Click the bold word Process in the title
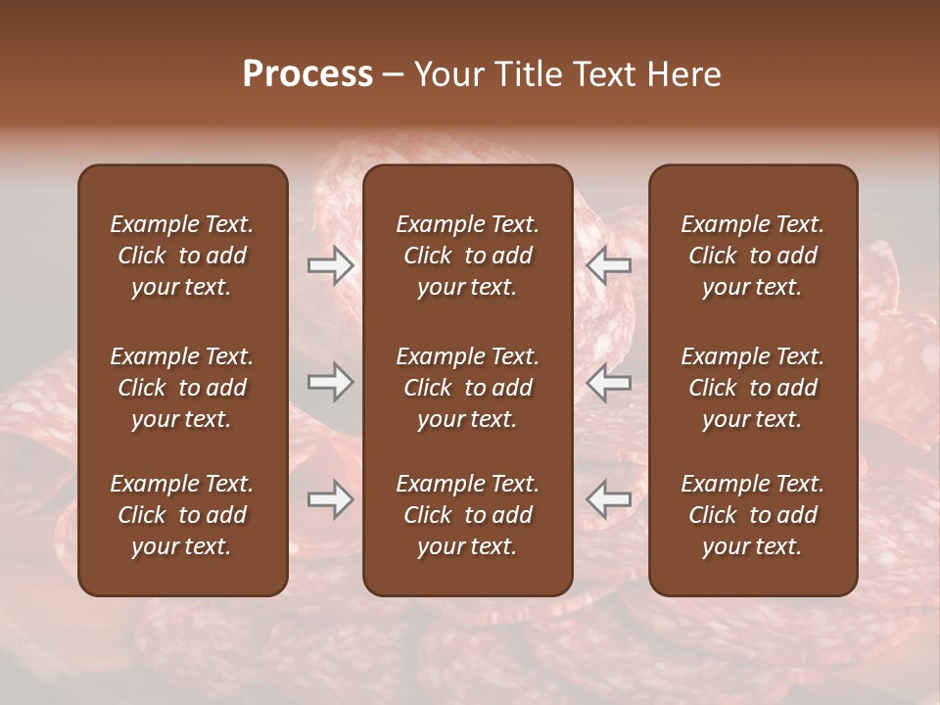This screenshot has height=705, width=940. [307, 74]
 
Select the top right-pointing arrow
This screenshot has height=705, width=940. [330, 265]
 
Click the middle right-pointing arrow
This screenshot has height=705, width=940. [330, 382]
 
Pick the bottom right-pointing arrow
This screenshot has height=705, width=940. [330, 499]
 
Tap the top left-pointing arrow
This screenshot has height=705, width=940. [608, 265]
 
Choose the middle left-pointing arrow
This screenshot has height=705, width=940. [608, 382]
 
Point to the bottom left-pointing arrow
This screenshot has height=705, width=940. [608, 499]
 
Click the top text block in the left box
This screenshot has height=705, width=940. [182, 256]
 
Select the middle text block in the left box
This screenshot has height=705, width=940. [182, 388]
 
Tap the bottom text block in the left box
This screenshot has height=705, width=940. [182, 515]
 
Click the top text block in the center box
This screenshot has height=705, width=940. [467, 256]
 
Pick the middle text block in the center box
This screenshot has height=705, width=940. [467, 388]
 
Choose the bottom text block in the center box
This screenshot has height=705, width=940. [467, 515]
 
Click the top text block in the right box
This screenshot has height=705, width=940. [752, 256]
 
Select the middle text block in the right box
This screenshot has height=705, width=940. [752, 388]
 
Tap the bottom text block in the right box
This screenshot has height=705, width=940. [752, 515]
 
